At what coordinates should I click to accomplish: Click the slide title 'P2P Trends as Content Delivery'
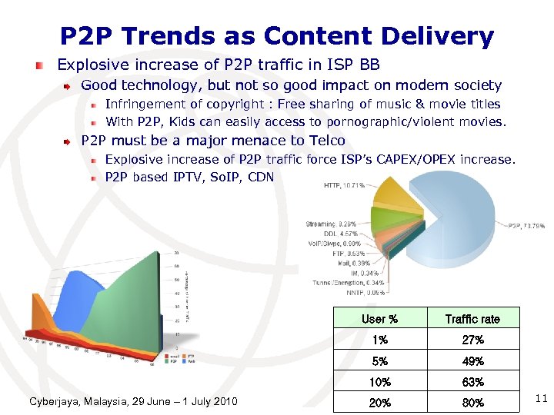click(x=277, y=35)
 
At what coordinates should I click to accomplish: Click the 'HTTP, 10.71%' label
click(x=344, y=186)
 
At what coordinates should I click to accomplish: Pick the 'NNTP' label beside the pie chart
click(x=367, y=292)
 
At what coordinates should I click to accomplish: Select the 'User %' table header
click(x=379, y=319)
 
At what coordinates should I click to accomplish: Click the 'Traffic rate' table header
click(x=472, y=319)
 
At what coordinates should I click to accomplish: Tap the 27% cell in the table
click(x=472, y=340)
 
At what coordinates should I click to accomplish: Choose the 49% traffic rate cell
click(x=472, y=360)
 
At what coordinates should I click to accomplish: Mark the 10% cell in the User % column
click(x=379, y=382)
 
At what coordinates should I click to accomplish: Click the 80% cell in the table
click(x=472, y=402)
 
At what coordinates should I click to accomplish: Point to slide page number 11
click(x=540, y=397)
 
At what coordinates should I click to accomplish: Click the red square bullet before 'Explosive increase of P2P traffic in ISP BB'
click(x=48, y=65)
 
